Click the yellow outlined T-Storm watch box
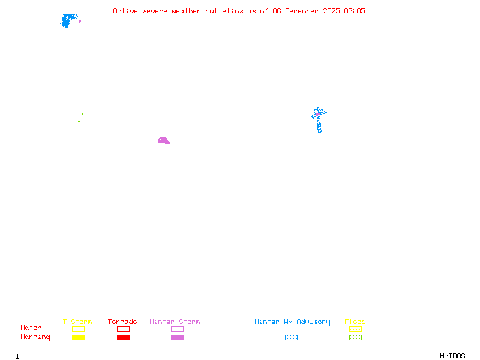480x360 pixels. pos(78,329)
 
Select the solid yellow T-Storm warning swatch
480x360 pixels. pos(78,338)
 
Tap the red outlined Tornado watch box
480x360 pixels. pos(123,329)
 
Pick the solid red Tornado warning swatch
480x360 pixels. pos(123,338)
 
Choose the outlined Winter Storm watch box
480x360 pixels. pos(177,329)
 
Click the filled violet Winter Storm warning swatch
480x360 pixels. pos(177,338)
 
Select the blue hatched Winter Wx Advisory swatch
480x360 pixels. pos(291,338)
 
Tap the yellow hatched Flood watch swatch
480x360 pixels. pos(355,329)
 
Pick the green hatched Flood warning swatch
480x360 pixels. pos(355,338)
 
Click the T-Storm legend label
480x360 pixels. pos(77,322)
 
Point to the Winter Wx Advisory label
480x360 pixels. pos(292,322)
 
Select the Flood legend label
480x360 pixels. pos(355,322)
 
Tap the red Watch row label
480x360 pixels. pos(31,328)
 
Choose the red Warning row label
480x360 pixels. pos(35,337)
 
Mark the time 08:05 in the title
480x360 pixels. pos(354,11)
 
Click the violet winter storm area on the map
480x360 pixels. pos(163,141)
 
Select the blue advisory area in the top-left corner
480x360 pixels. pos(68,21)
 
